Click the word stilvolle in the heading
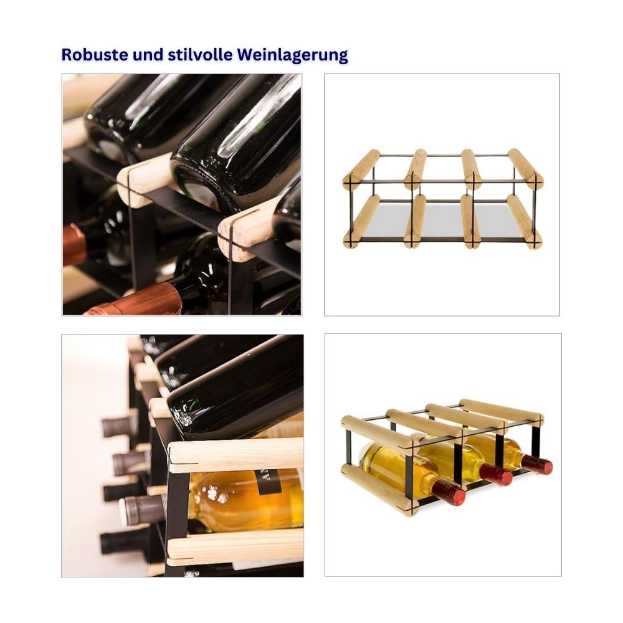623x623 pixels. [200, 54]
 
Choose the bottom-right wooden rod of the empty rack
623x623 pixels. [525, 221]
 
